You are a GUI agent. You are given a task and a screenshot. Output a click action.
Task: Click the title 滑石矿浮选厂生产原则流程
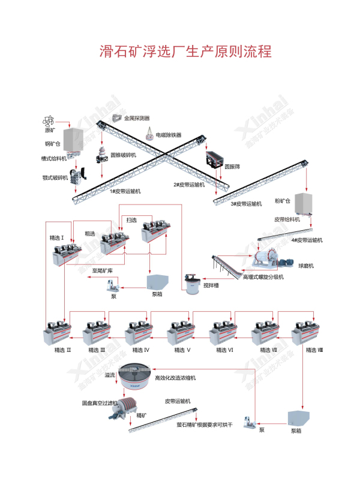tap(179, 50)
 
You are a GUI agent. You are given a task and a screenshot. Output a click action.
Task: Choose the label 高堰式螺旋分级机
tap(263, 277)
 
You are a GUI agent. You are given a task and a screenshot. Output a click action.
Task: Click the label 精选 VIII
tap(313, 350)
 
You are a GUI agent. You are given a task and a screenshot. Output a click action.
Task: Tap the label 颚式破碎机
tap(55, 177)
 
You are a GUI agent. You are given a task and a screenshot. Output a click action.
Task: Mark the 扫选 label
tap(132, 220)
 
